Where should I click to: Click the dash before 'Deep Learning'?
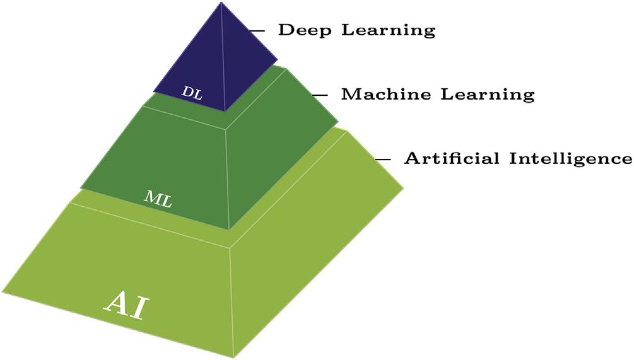tap(256, 30)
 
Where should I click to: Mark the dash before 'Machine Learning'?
tap(320, 95)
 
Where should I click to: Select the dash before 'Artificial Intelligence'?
tap(382, 159)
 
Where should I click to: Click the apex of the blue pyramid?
tap(221, 3)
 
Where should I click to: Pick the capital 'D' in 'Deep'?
tap(285, 30)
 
